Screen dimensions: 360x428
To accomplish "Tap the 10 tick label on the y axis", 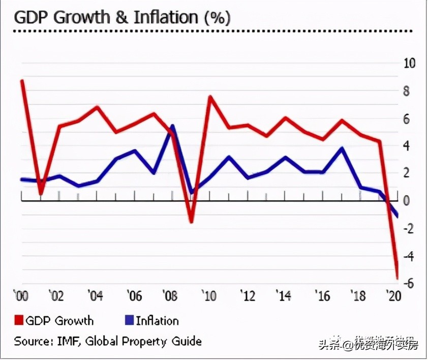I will pos(409,64).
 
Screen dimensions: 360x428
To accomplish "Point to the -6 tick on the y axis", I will pos(408,284).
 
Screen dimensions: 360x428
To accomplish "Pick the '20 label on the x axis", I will pos(392,296).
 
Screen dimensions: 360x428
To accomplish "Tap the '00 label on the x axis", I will pos(21,296).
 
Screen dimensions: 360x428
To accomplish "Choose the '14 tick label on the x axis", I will pos(284,296).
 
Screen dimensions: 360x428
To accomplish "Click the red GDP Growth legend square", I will pos(19,320).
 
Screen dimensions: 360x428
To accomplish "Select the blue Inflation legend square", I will pos(129,320).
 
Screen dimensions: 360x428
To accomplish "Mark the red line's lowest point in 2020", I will pos(397,278).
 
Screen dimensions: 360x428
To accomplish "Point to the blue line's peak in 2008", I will pos(172,126).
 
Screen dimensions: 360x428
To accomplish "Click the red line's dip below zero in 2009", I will pos(191,222).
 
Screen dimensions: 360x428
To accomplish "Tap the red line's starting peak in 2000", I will pos(22,81).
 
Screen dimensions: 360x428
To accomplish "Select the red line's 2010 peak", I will pos(210,97).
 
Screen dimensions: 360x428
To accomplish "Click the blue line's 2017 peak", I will pos(342,148).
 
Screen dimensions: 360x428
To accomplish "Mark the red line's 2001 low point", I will pos(41,194).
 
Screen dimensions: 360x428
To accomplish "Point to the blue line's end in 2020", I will pos(397,216).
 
